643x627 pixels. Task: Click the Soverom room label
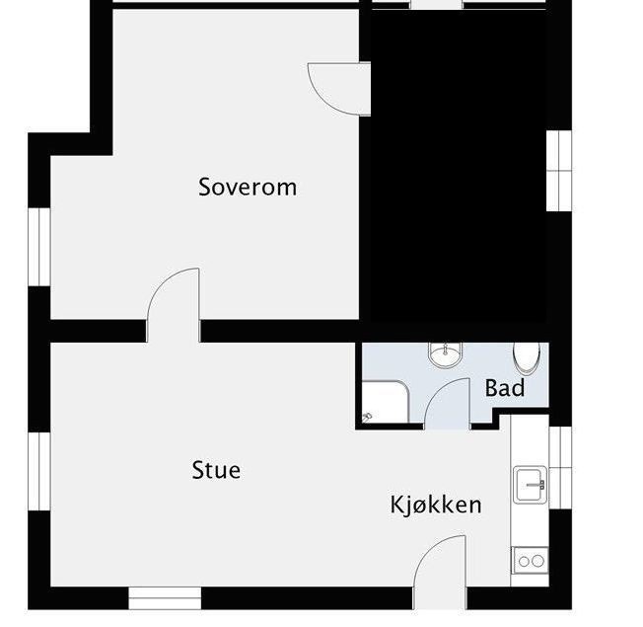click(248, 187)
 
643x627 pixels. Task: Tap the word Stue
click(216, 470)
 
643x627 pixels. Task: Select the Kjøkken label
click(436, 506)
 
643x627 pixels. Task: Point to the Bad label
click(504, 389)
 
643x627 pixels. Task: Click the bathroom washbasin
click(445, 353)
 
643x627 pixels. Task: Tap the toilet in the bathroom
click(527, 356)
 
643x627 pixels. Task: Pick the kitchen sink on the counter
click(530, 484)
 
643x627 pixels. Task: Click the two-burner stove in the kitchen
click(530, 560)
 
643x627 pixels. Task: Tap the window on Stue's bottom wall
click(165, 598)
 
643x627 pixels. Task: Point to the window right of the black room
click(559, 170)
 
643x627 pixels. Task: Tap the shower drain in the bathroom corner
click(367, 417)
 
